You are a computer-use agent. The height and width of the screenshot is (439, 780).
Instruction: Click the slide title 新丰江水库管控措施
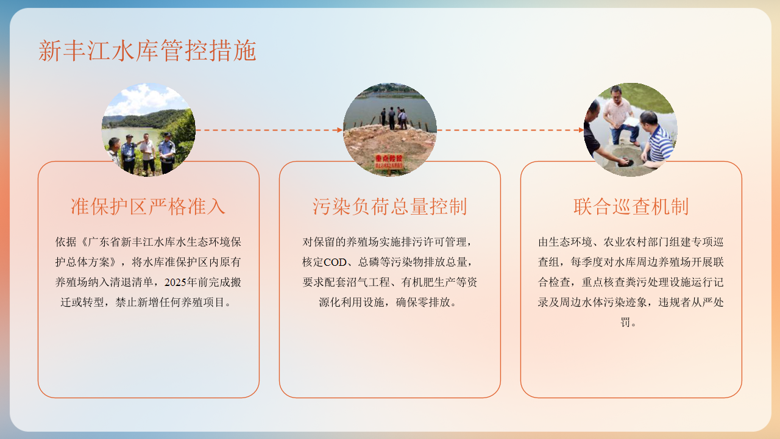(147, 51)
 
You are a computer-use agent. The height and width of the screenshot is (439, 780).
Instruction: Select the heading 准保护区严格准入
(148, 206)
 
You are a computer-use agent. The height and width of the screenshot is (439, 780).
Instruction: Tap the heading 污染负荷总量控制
(389, 206)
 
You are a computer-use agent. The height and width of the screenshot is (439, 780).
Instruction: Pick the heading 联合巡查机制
(631, 206)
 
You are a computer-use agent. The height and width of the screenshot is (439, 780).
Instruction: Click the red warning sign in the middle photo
(389, 162)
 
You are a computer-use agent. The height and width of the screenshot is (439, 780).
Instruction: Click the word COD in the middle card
(335, 262)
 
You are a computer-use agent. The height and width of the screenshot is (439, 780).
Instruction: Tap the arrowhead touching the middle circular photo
(340, 130)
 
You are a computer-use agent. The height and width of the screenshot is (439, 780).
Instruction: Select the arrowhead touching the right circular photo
(581, 130)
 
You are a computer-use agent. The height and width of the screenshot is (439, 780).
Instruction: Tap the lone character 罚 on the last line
(625, 323)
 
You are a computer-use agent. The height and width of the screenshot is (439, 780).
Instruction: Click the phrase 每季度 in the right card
(587, 262)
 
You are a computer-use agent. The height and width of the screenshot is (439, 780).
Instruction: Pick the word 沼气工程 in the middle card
(368, 282)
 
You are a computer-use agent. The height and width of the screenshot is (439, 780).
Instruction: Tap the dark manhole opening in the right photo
(626, 162)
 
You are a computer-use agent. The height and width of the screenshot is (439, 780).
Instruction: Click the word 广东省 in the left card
(104, 242)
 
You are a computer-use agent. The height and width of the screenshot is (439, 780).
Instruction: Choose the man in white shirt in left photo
(148, 153)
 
